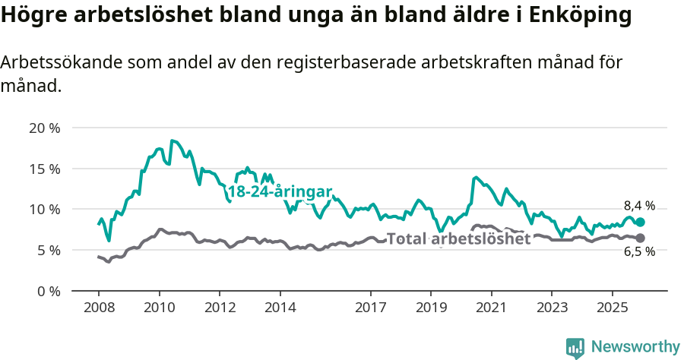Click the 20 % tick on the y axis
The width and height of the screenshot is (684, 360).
click(x=45, y=128)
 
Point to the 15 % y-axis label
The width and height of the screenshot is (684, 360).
click(x=45, y=169)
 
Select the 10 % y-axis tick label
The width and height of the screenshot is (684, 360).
click(x=45, y=209)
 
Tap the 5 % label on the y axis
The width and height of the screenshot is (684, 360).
click(x=48, y=250)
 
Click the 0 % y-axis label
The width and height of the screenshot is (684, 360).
click(x=48, y=291)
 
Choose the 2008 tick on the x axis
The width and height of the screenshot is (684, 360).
click(x=99, y=308)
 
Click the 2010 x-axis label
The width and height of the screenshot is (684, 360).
click(x=159, y=308)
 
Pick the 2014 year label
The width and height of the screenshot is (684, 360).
click(x=280, y=308)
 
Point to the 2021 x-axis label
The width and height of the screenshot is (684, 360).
click(x=491, y=308)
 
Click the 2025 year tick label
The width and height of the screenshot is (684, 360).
click(x=612, y=308)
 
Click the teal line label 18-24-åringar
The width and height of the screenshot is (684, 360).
click(x=280, y=192)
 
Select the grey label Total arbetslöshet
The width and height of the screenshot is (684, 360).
click(x=458, y=238)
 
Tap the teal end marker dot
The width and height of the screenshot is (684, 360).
click(x=640, y=222)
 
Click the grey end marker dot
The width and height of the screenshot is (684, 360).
click(x=640, y=238)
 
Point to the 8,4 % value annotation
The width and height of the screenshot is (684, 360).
click(x=639, y=205)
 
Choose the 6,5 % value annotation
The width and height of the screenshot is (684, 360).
click(x=639, y=253)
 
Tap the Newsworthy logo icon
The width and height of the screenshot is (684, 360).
click(x=575, y=348)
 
